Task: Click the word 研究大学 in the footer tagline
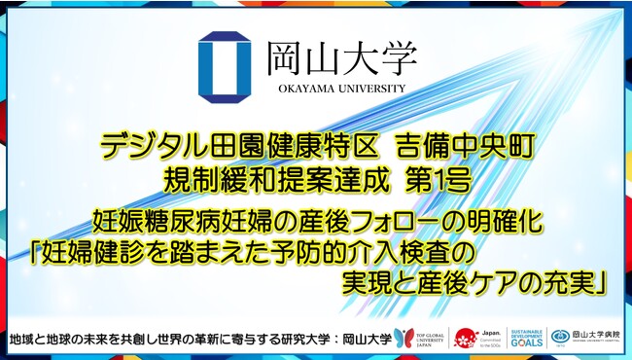click(312, 339)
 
